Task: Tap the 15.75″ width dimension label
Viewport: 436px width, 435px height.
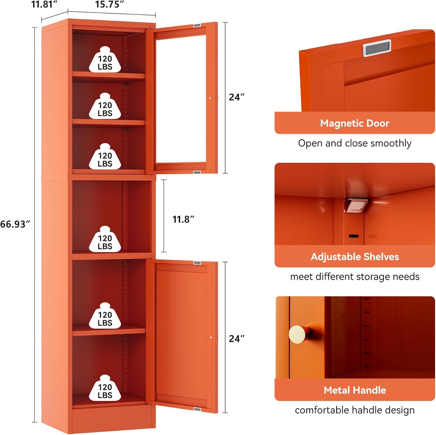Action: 109,4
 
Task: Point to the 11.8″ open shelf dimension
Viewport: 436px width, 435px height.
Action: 183,219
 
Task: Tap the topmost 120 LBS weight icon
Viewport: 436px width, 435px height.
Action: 105,60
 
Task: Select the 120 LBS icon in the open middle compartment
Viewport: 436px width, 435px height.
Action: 105,240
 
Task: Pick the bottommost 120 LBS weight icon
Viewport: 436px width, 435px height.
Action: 105,389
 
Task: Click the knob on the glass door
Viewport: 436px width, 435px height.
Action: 210,98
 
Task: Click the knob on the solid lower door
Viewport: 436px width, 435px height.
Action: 211,338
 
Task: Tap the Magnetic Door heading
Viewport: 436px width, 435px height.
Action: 355,123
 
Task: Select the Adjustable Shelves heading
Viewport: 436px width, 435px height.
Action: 355,257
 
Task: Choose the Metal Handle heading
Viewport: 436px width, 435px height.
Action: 355,390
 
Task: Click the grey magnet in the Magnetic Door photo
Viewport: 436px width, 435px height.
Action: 377,48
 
